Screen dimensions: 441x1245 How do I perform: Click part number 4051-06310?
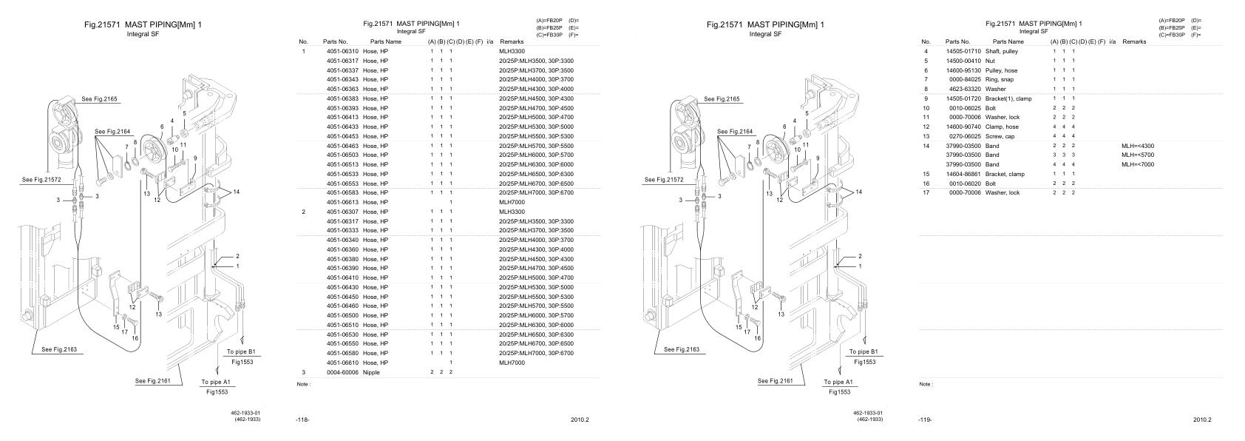pyautogui.click(x=342, y=51)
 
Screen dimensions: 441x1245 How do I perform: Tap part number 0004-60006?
pyautogui.click(x=342, y=372)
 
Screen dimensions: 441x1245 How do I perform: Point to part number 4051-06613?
pyautogui.click(x=342, y=202)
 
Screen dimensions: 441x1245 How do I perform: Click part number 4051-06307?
pyautogui.click(x=342, y=212)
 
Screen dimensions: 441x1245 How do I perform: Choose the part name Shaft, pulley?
pyautogui.click(x=1002, y=51)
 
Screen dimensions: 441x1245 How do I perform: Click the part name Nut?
pyautogui.click(x=991, y=61)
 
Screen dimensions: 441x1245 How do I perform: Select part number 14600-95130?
pyautogui.click(x=963, y=70)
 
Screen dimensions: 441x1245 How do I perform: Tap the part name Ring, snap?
pyautogui.click(x=1000, y=79)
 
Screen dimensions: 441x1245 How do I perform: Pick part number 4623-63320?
pyautogui.click(x=965, y=89)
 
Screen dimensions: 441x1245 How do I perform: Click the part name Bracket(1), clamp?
pyautogui.click(x=1008, y=98)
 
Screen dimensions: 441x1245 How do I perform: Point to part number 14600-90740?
pyautogui.click(x=963, y=127)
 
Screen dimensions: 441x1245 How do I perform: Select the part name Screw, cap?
pyautogui.click(x=1000, y=136)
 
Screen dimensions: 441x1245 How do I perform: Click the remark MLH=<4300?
pyautogui.click(x=1138, y=146)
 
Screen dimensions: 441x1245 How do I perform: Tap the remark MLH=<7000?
pyautogui.click(x=1138, y=164)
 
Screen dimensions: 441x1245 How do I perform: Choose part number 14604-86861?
pyautogui.click(x=963, y=174)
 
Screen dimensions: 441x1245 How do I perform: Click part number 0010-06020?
pyautogui.click(x=965, y=184)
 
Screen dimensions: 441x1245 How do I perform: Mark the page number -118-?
pyautogui.click(x=302, y=420)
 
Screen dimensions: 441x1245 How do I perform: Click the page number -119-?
pyautogui.click(x=924, y=420)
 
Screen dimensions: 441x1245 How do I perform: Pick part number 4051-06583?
pyautogui.click(x=342, y=192)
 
